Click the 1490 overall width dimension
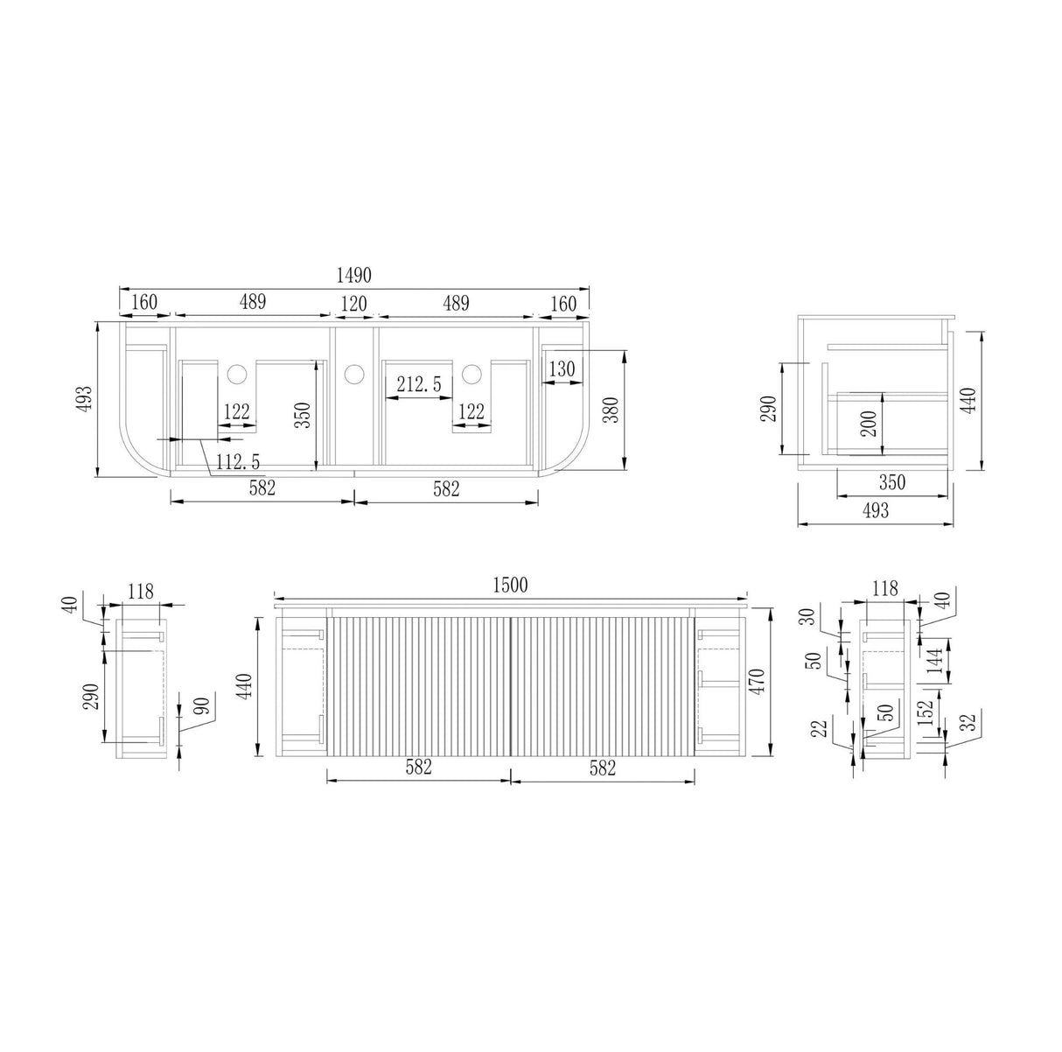(x=353, y=275)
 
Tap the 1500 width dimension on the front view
(x=510, y=585)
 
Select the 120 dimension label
(x=353, y=304)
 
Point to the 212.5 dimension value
(x=419, y=384)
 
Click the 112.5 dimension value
(x=238, y=462)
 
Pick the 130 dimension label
(x=562, y=368)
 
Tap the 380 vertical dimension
(x=611, y=410)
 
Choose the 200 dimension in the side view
(x=869, y=424)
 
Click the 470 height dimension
(x=758, y=682)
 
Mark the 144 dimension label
(x=934, y=660)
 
